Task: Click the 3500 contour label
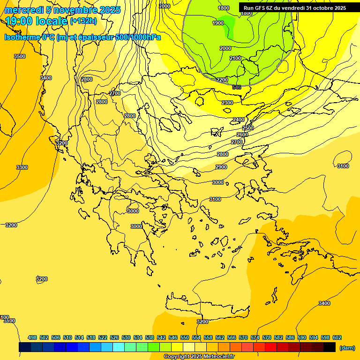[x=20, y=56]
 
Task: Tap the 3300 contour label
[x=22, y=167]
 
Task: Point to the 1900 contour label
[x=218, y=23]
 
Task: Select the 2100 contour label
[x=235, y=58]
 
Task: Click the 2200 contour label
[x=222, y=80]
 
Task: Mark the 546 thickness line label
[x=236, y=87]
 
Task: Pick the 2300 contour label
[x=227, y=103]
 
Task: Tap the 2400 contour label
[x=239, y=120]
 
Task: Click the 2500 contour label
[x=248, y=128]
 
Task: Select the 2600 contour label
[x=242, y=135]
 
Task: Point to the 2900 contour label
[x=221, y=167]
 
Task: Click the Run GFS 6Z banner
[x=294, y=8]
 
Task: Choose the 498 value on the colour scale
[x=32, y=337]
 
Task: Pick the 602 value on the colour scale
[x=337, y=337]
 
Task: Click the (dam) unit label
[x=347, y=347]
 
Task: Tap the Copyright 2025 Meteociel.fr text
[x=198, y=357]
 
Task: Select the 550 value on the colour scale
[x=185, y=337]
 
